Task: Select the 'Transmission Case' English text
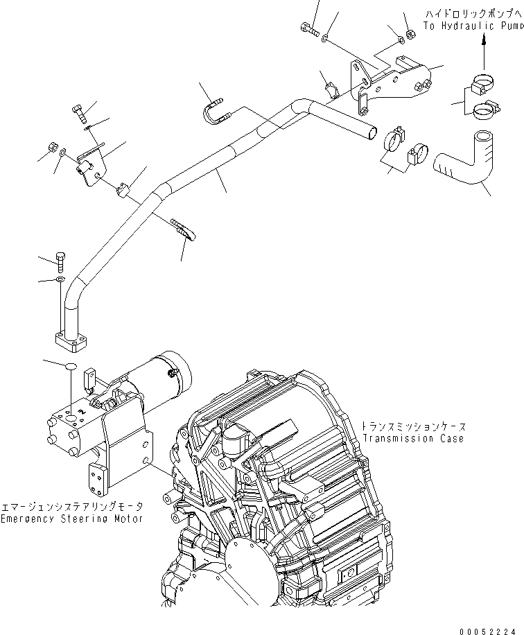(412, 439)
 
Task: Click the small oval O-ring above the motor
(69, 366)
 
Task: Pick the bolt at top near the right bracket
(309, 30)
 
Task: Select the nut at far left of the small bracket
(52, 146)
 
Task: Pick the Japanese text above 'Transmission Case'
(412, 427)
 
